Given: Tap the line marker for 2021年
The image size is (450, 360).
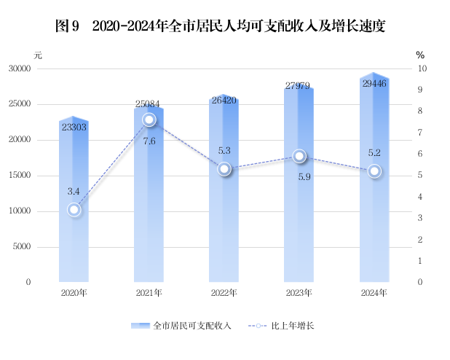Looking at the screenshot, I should [x=149, y=120].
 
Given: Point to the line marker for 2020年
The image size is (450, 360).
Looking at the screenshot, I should [x=74, y=210].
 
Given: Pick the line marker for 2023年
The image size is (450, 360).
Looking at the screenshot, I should [x=299, y=156].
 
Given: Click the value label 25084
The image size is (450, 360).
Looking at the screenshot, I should [x=149, y=103].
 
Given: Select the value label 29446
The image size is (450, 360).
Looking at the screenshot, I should [x=374, y=84].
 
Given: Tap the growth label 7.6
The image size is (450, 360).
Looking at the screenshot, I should [x=149, y=141].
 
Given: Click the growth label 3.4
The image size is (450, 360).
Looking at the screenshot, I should [x=74, y=192].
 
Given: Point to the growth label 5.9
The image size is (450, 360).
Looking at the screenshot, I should [x=299, y=176].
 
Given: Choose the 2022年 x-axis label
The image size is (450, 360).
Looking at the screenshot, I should [x=224, y=293].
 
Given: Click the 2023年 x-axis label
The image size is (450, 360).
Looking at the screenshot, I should [x=299, y=293].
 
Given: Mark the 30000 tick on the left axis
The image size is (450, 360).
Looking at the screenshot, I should [x=39, y=69].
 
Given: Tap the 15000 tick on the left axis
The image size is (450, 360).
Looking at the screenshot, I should [x=39, y=176].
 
